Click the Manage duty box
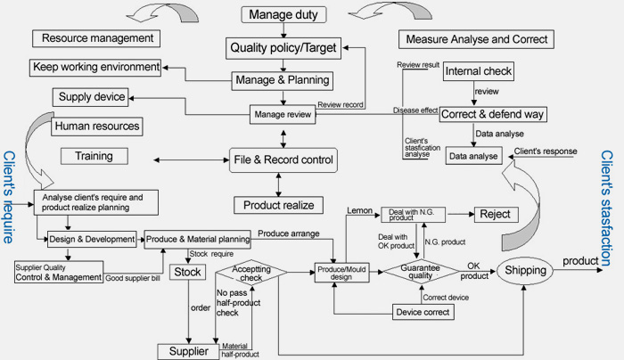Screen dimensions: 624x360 (283, 15)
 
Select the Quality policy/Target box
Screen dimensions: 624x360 (283, 48)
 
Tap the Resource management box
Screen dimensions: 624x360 (96, 38)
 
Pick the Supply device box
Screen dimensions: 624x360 (91, 97)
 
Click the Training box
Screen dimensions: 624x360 (94, 156)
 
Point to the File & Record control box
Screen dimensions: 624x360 (283, 160)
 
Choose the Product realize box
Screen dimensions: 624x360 (278, 205)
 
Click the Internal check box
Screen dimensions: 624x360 (479, 71)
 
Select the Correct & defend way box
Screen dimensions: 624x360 (493, 114)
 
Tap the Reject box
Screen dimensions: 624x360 (496, 215)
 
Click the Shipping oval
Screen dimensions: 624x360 (525, 271)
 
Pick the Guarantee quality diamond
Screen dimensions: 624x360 (421, 271)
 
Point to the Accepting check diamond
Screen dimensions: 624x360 (251, 273)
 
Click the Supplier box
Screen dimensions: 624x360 (188, 352)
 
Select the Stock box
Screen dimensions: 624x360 (188, 272)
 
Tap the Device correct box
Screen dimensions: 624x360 (423, 312)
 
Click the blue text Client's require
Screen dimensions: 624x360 (9, 197)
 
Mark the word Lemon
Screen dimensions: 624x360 (360, 210)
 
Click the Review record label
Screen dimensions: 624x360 (341, 104)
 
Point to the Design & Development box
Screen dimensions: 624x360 (92, 239)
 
